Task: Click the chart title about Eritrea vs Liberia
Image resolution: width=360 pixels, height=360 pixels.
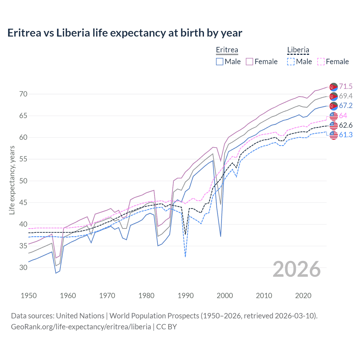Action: (x=125, y=33)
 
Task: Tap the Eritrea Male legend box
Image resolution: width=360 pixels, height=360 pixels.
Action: (x=220, y=62)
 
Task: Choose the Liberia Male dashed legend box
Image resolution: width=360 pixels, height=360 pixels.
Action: (x=291, y=62)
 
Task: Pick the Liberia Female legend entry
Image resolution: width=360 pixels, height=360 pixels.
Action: (x=333, y=62)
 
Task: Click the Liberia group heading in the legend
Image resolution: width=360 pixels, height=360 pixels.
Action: (x=298, y=50)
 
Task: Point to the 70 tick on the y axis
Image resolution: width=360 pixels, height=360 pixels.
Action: (x=23, y=94)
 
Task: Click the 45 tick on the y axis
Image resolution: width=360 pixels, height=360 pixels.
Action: (x=23, y=202)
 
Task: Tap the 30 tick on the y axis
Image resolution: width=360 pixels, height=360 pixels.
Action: (x=23, y=267)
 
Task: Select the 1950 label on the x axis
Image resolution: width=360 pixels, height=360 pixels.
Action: (x=29, y=296)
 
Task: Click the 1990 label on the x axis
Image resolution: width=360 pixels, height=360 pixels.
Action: (x=186, y=296)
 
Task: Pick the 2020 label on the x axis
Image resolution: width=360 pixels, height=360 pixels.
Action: (x=303, y=296)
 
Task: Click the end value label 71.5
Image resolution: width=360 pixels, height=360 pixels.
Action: (x=346, y=86)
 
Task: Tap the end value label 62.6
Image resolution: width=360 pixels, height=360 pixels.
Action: (x=346, y=125)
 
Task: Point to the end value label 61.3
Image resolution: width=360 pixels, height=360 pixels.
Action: (x=346, y=135)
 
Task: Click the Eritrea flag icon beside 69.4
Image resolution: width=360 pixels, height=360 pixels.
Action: (x=334, y=96)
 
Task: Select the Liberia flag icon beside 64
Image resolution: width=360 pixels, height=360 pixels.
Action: (x=334, y=116)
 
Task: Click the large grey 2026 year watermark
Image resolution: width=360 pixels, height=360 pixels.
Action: (x=297, y=269)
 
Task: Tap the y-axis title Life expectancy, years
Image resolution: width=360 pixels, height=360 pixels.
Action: (x=12, y=180)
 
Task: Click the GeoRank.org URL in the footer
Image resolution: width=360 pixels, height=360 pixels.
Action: (x=81, y=327)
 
